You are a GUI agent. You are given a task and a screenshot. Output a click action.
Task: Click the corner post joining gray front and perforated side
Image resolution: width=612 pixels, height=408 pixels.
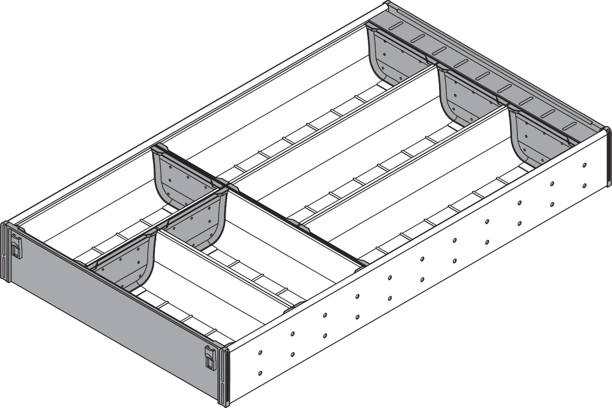224,375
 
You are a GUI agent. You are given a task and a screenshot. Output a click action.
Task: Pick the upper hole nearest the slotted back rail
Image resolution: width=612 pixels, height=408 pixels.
584,166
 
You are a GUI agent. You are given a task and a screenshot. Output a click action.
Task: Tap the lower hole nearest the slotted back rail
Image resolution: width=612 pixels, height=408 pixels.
584,185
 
